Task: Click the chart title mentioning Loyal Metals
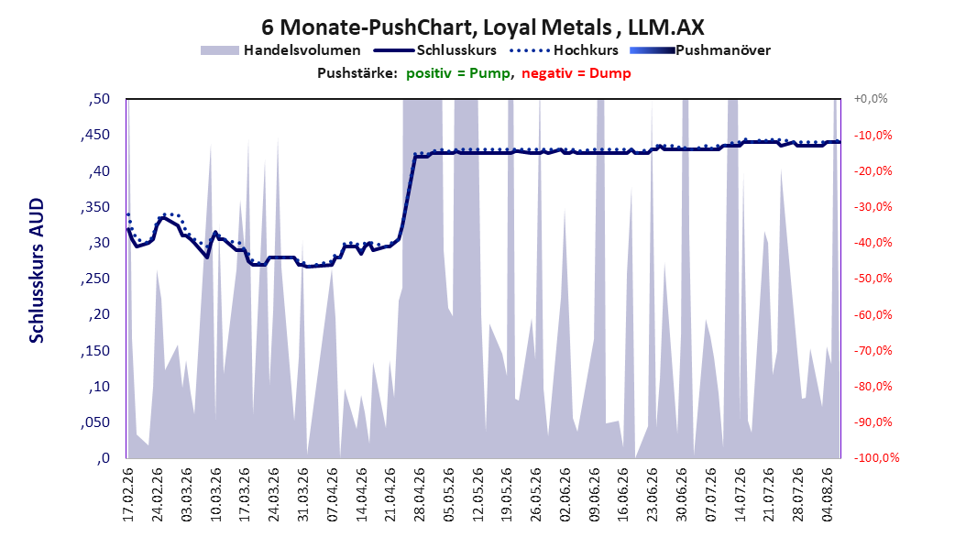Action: [482, 27]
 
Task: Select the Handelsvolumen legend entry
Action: [280, 50]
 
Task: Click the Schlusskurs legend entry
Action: [435, 50]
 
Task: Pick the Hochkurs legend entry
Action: [565, 50]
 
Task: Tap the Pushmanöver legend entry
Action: [700, 50]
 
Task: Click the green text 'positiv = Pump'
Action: [458, 73]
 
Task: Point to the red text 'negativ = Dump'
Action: [576, 73]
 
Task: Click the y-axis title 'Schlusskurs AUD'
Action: [37, 270]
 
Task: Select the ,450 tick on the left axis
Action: [95, 135]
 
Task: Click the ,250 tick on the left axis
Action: [95, 279]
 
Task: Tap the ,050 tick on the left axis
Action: [95, 422]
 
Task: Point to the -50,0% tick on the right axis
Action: [873, 279]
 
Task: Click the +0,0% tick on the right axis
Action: [871, 99]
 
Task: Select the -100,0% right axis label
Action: [876, 457]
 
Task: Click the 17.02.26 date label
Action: [128, 495]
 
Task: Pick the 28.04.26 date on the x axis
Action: [419, 495]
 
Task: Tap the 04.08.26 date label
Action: [827, 495]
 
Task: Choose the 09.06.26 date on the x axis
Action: [594, 495]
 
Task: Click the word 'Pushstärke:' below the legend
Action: [357, 73]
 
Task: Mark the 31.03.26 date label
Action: [302, 495]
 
